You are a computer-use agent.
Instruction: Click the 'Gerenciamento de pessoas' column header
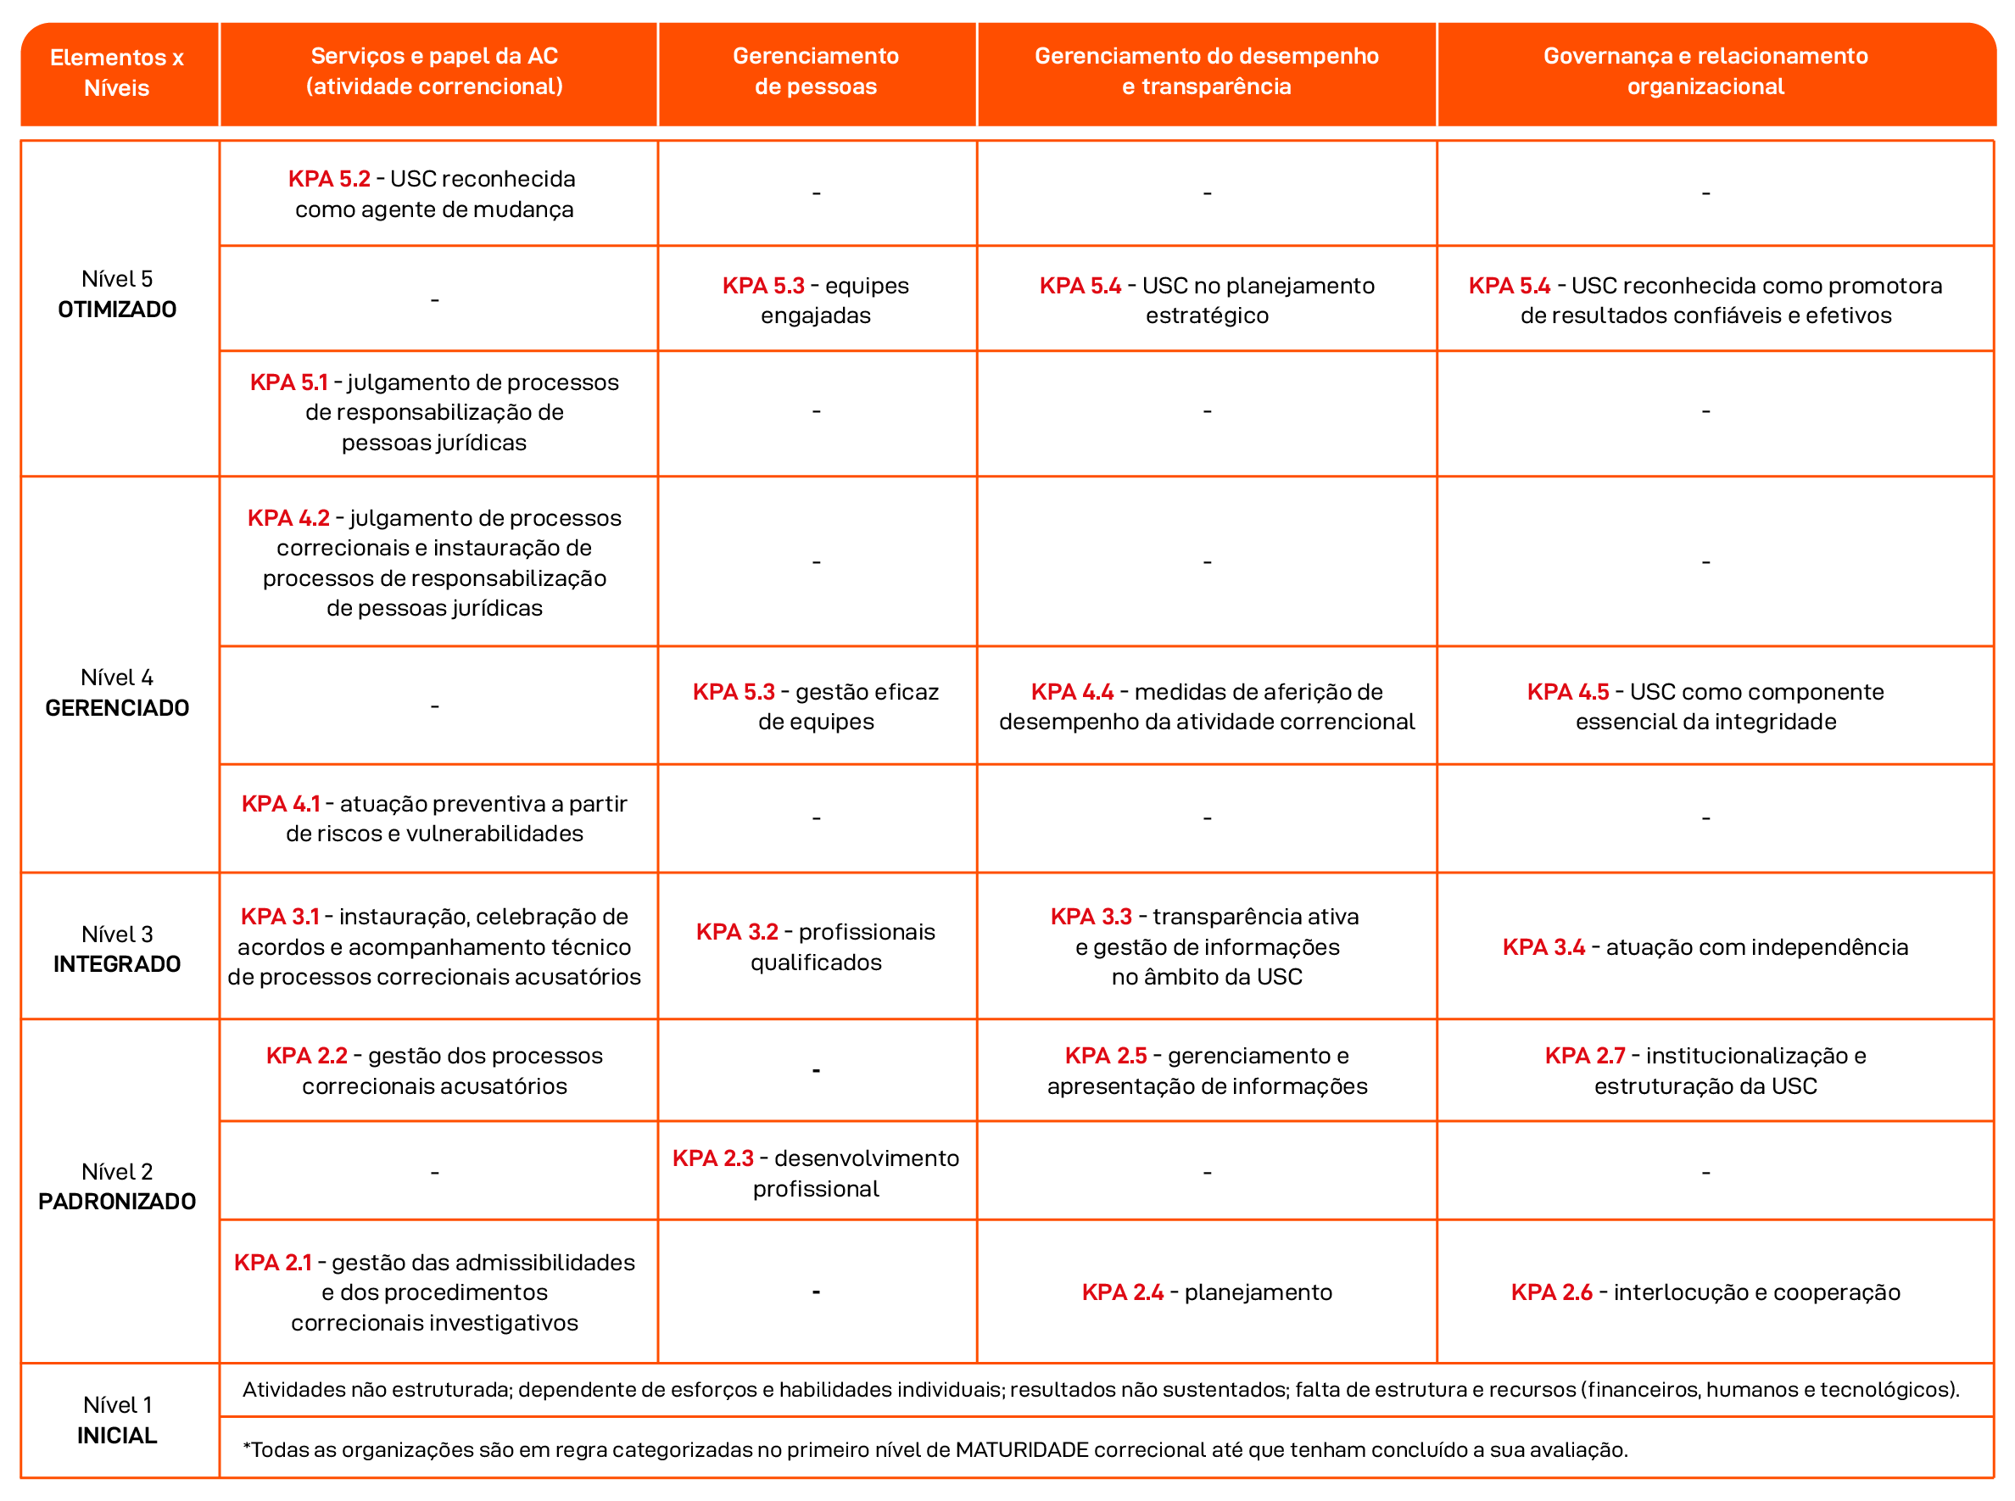(816, 72)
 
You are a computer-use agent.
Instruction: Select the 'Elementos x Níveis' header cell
(117, 73)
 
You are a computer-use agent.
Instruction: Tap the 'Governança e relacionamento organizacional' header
(1705, 72)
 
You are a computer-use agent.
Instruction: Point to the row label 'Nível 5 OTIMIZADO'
(117, 294)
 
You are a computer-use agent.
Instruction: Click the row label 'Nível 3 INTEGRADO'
(117, 950)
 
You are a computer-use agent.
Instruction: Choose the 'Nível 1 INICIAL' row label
(117, 1420)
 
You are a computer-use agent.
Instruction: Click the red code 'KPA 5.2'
(329, 179)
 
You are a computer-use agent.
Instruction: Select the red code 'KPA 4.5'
(1567, 692)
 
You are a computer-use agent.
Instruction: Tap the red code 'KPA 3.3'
(1091, 917)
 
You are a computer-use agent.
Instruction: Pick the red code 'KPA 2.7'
(1584, 1056)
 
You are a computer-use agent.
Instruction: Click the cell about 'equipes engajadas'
(816, 301)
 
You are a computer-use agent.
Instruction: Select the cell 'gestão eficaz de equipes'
(816, 707)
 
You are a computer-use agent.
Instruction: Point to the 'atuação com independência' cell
(1705, 948)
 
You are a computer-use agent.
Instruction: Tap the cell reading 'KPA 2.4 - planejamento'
(1207, 1293)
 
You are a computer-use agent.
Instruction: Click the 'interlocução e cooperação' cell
(1705, 1293)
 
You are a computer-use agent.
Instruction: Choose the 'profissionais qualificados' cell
(816, 948)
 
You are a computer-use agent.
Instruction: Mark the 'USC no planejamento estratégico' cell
(1207, 301)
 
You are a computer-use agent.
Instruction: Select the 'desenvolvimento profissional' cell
(816, 1174)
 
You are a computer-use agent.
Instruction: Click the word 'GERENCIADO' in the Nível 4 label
(117, 709)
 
